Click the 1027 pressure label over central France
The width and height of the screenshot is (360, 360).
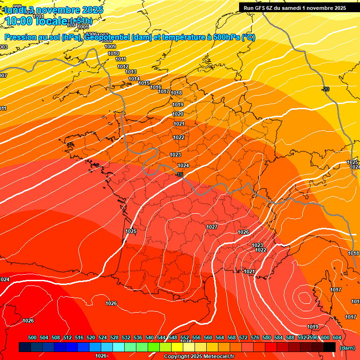pyautogui.click(x=212, y=227)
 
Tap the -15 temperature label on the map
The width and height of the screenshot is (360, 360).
pyautogui.click(x=179, y=174)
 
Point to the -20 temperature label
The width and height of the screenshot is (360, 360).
pyautogui.click(x=325, y=89)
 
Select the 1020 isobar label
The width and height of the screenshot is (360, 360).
pyautogui.click(x=178, y=114)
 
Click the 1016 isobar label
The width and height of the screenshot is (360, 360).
pyautogui.click(x=156, y=88)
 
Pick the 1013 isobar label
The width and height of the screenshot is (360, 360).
pyautogui.click(x=130, y=72)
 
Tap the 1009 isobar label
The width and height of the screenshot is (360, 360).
pyautogui.click(x=110, y=46)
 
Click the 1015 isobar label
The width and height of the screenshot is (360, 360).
pyautogui.click(x=144, y=83)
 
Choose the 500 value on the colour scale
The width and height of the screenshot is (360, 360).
pyautogui.click(x=32, y=337)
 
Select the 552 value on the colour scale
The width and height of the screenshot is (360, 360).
pyautogui.click(x=185, y=337)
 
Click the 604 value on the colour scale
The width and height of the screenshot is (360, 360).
pyautogui.click(x=337, y=337)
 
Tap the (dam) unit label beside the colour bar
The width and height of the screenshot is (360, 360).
pyautogui.click(x=347, y=348)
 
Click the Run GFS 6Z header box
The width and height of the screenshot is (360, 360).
pyautogui.click(x=294, y=8)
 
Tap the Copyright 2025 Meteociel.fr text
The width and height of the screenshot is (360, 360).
pyautogui.click(x=199, y=357)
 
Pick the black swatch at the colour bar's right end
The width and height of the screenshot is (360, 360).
pyautogui.click(x=330, y=347)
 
